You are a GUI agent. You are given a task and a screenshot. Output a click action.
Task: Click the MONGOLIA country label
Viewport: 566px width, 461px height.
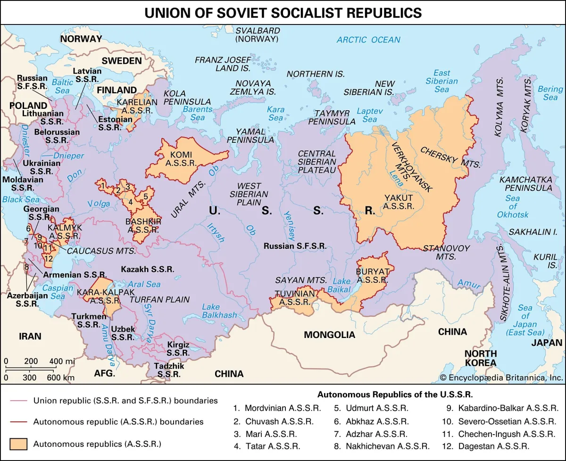tap(329, 335)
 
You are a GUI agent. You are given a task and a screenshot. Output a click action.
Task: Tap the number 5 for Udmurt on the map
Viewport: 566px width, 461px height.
tap(146, 196)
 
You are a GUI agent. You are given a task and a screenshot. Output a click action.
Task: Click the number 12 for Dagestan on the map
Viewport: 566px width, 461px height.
tap(48, 258)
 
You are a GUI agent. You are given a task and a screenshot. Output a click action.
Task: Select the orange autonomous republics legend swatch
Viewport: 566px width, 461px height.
tap(19, 444)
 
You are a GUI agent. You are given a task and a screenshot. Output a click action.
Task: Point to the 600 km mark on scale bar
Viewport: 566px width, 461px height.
tap(61, 378)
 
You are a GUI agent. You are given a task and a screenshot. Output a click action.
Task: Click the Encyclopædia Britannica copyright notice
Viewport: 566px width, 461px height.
tap(501, 378)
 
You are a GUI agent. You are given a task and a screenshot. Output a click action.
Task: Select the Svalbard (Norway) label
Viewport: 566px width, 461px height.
tap(258, 35)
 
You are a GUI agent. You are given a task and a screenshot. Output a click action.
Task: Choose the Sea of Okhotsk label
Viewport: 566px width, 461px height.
tap(513, 206)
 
